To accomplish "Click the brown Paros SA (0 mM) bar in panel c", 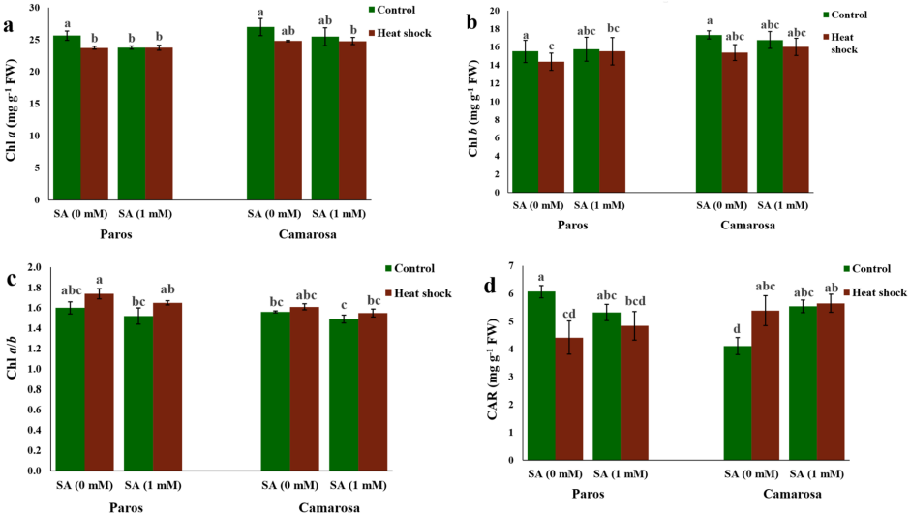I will [x=99, y=381].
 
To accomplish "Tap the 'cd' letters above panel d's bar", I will [x=568, y=313].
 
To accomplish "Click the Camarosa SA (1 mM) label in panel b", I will [x=782, y=205].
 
